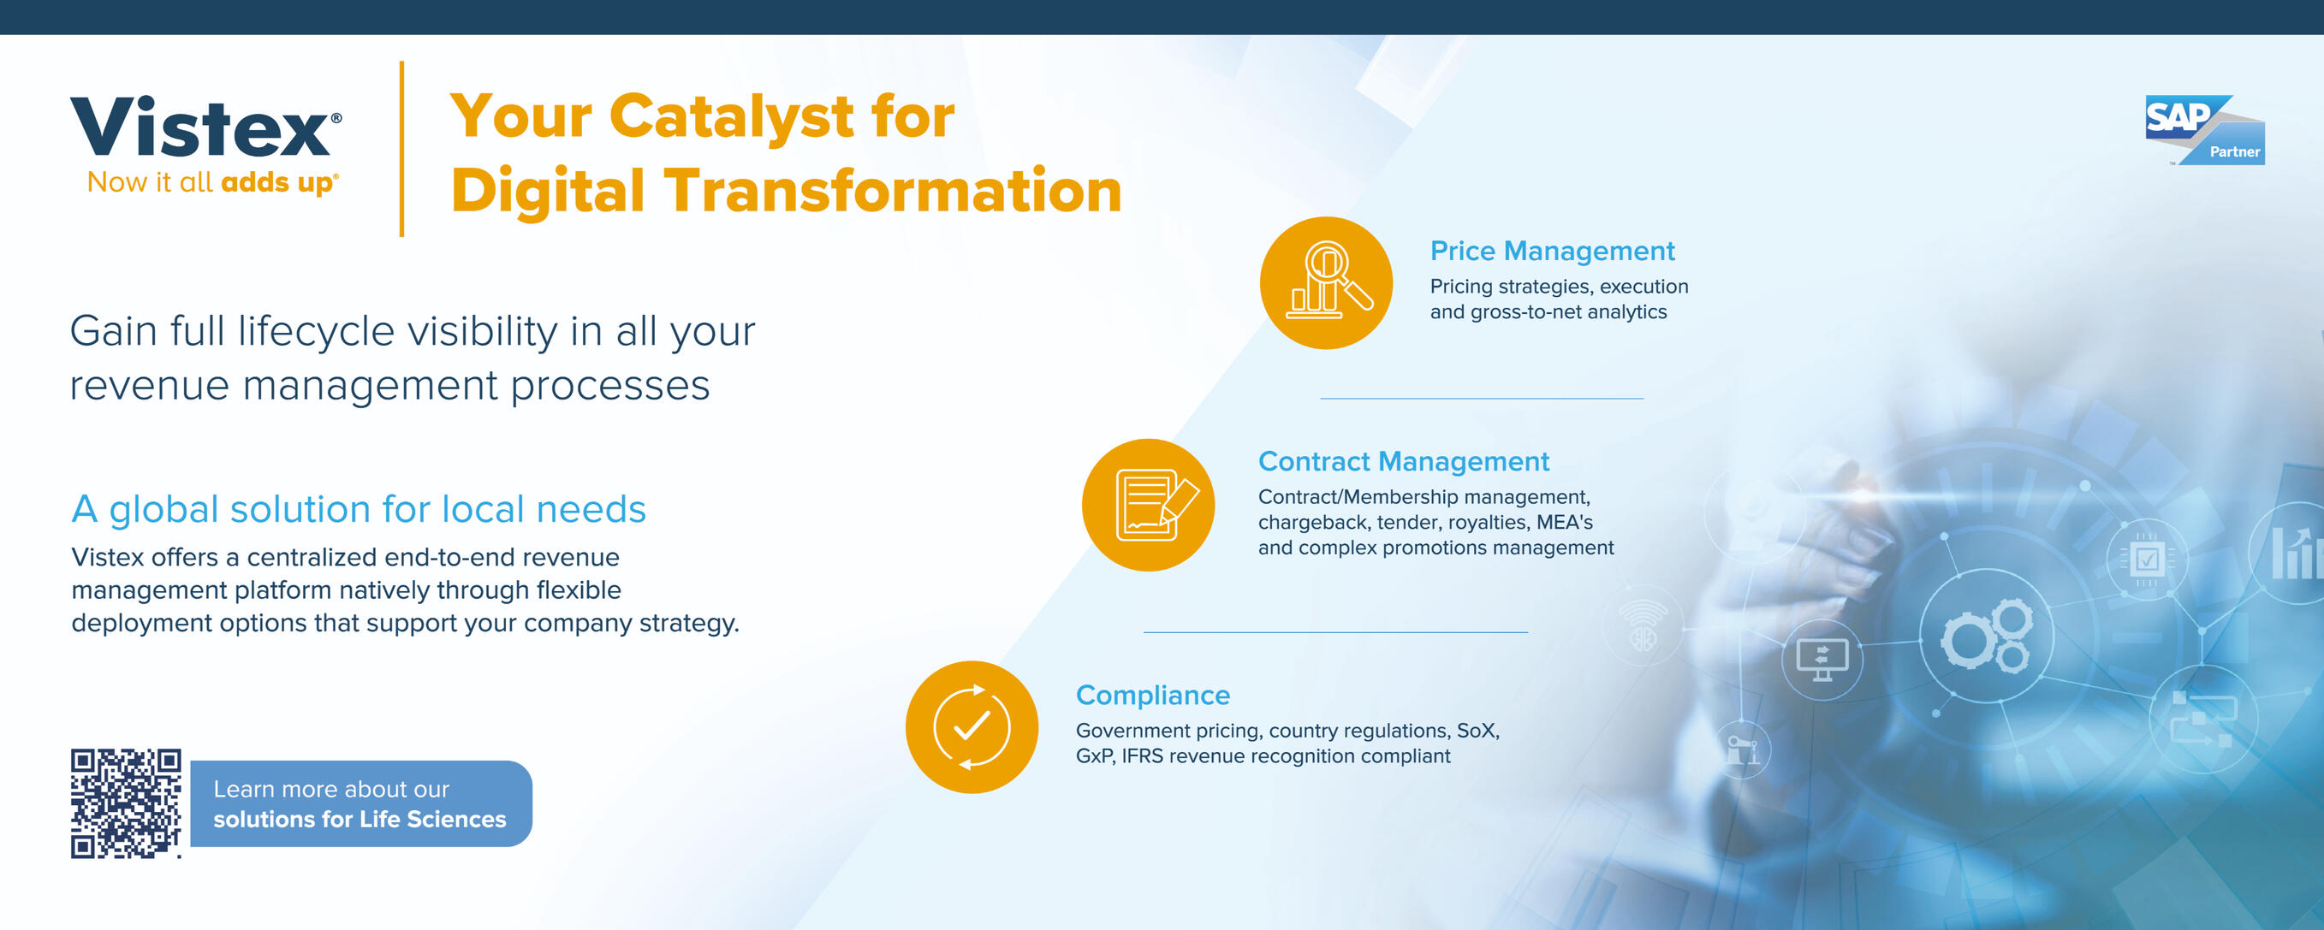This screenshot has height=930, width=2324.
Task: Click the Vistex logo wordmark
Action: (205, 127)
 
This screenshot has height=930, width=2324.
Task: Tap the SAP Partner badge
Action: (2204, 130)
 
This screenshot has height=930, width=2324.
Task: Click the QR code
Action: (126, 803)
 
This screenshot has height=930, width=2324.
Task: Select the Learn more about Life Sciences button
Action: (361, 803)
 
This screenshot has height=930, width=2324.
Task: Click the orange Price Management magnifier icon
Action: (1326, 282)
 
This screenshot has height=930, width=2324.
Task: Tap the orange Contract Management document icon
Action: (1149, 505)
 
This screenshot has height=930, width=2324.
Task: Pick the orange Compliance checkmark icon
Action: (972, 727)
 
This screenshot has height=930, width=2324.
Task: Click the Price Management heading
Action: (1552, 251)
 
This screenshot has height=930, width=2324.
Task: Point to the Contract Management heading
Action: (1404, 462)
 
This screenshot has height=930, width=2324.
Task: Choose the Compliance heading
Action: (1153, 696)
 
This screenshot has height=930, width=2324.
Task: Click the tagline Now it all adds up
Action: (213, 183)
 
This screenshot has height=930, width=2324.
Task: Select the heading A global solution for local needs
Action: (359, 509)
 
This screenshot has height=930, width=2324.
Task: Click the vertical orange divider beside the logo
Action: (401, 149)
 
